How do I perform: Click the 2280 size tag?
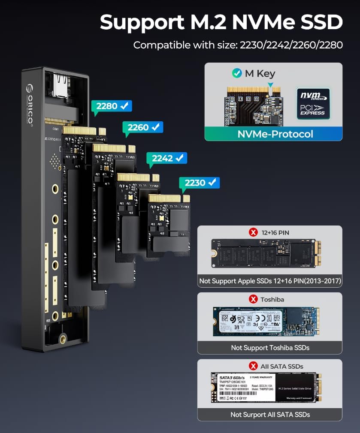click(x=111, y=106)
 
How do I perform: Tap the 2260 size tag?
click(x=142, y=127)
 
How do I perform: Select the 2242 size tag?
click(x=166, y=158)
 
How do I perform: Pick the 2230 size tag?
click(x=199, y=183)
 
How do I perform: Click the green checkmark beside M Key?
click(x=237, y=73)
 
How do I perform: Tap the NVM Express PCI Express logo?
click(x=313, y=103)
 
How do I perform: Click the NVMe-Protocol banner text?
click(x=275, y=134)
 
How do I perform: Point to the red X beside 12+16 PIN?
click(x=253, y=232)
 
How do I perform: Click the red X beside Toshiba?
click(x=253, y=299)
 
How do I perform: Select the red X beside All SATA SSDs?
click(x=253, y=366)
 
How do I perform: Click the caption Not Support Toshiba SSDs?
click(x=270, y=347)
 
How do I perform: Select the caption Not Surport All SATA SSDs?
click(x=270, y=414)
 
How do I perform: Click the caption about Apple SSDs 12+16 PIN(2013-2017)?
click(x=270, y=281)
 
